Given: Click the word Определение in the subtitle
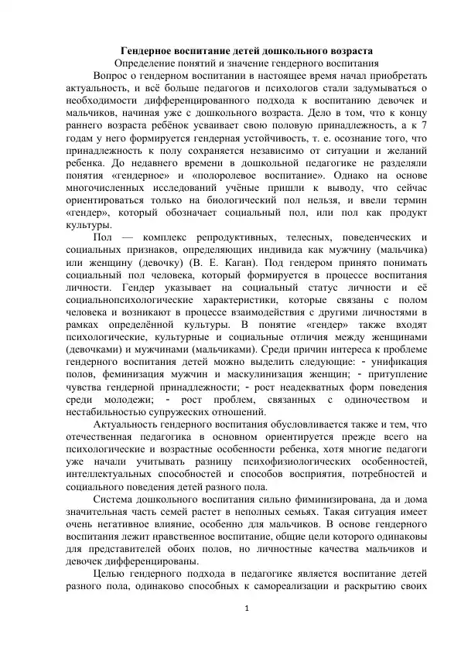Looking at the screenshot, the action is click(147, 63).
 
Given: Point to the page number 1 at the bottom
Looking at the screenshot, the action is click(245, 629).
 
